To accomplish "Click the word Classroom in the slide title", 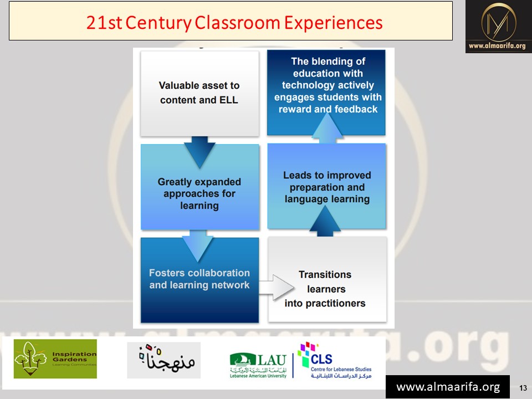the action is click(x=237, y=23).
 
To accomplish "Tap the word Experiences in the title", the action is click(x=334, y=23).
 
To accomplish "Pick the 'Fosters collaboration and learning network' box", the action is click(x=200, y=280).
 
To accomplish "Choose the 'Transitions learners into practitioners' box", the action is click(x=327, y=279).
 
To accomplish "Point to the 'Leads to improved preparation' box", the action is click(x=326, y=186).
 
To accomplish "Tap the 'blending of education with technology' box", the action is click(x=326, y=93).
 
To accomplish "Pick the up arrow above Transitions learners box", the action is click(x=325, y=221).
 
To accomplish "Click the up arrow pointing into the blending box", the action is click(x=327, y=128).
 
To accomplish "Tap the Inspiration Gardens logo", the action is click(x=55, y=359).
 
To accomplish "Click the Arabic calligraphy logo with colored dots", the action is click(x=164, y=360).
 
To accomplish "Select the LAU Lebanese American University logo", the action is click(x=258, y=365).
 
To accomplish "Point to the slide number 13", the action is click(x=523, y=388).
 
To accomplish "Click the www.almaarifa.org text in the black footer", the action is click(x=448, y=387).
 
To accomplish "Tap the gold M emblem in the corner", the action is click(x=498, y=23).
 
